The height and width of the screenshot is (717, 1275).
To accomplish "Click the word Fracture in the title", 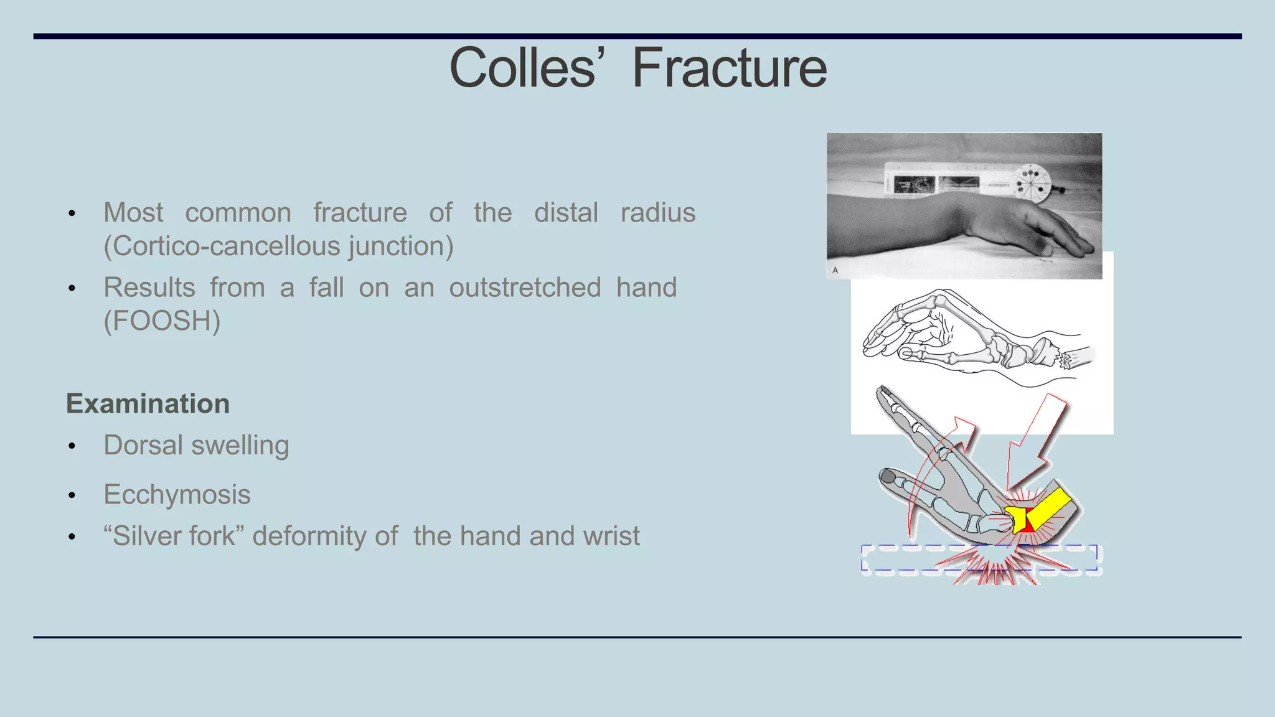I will coord(729,68).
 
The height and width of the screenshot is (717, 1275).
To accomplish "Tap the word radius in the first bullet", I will coord(657,213).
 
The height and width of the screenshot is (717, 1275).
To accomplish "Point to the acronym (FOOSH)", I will coord(162,321).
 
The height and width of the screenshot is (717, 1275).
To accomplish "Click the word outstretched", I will coord(525,288).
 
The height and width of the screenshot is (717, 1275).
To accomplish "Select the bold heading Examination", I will coord(148,404).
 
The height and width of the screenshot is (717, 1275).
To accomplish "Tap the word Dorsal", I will coord(143,446).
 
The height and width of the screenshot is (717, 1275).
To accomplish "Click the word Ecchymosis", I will coord(177,495).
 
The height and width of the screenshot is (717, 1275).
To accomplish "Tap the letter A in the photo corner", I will coord(835,270).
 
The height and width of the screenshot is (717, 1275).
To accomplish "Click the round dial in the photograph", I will coord(1032,184).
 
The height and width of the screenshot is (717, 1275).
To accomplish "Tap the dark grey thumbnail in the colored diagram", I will coord(888,477).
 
